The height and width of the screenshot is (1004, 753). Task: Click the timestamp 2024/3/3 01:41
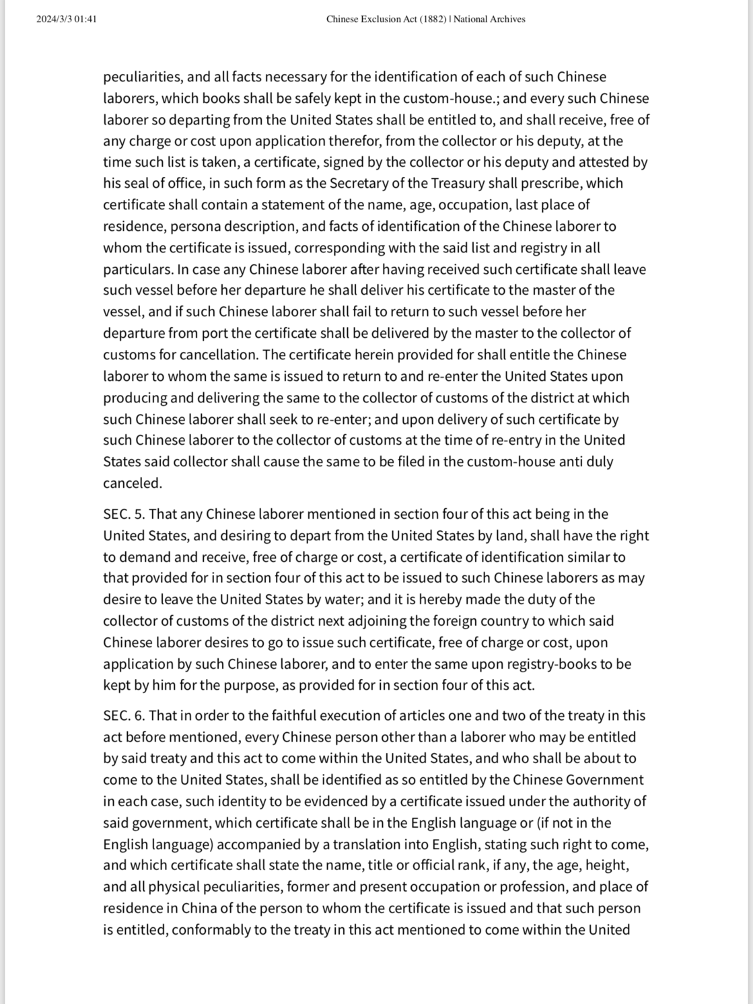67,19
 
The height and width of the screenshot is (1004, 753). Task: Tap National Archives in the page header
489,19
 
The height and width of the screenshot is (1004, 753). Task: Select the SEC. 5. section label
124,514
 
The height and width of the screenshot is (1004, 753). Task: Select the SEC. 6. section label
124,715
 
